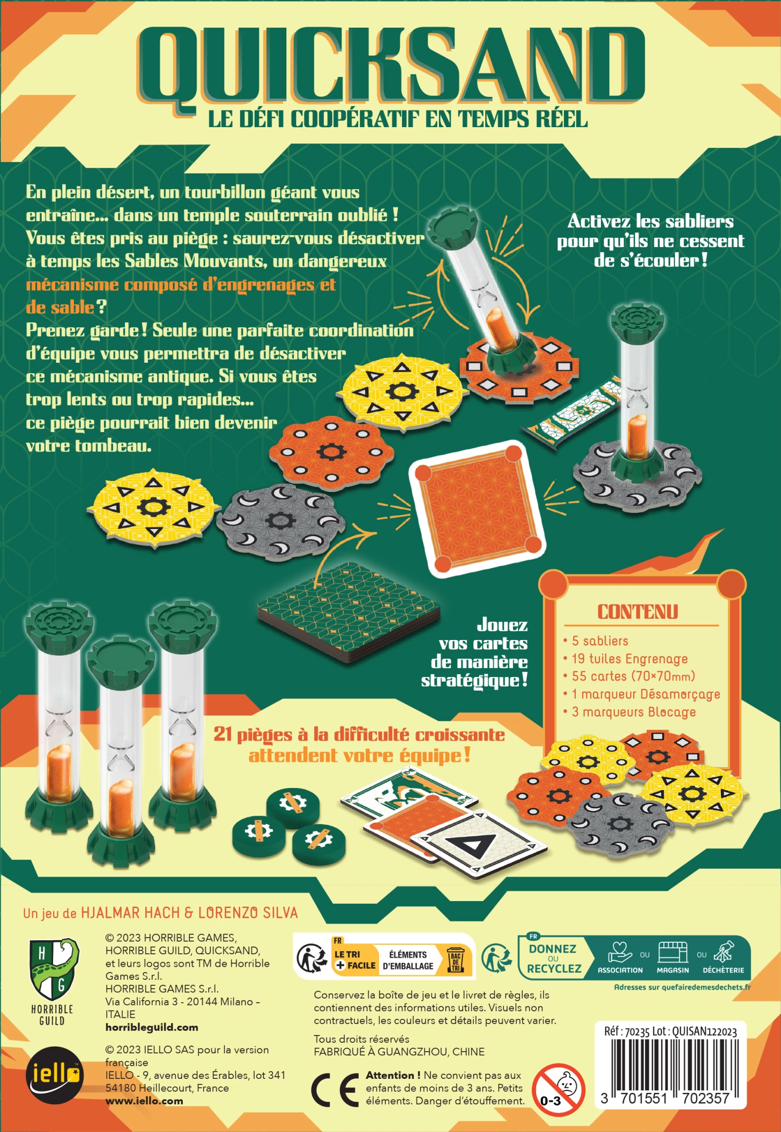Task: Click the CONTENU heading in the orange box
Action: click(638, 612)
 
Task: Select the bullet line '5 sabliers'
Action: click(600, 641)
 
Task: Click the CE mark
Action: click(335, 1089)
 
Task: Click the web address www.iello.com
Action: click(144, 1101)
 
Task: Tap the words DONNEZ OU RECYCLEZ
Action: click(553, 959)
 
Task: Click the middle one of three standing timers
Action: click(121, 751)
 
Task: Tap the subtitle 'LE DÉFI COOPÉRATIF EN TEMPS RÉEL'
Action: click(398, 119)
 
